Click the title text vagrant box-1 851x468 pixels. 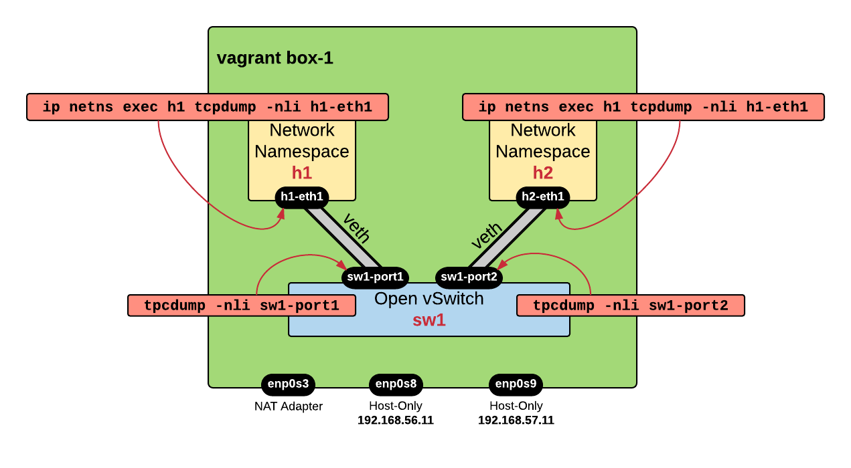pyautogui.click(x=275, y=58)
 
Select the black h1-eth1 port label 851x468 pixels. pyautogui.click(x=302, y=197)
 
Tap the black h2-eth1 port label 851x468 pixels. pyautogui.click(x=543, y=197)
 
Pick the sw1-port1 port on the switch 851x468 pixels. pyautogui.click(x=375, y=276)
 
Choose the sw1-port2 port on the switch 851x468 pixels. pyautogui.click(x=469, y=276)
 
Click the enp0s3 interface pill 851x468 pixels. pyautogui.click(x=288, y=384)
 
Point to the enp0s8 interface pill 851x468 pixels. pyautogui.click(x=396, y=384)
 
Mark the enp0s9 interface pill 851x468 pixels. pyautogui.click(x=516, y=384)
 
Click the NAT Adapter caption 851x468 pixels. pyautogui.click(x=288, y=406)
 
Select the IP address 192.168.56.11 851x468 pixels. pyautogui.click(x=396, y=421)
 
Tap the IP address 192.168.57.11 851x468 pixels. pyautogui.click(x=516, y=421)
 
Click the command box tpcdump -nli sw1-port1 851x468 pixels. pyautogui.click(x=241, y=306)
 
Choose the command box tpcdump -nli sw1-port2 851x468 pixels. pyautogui.click(x=630, y=306)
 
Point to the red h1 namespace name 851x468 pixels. pyautogui.click(x=302, y=173)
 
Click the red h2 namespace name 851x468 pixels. pyautogui.click(x=543, y=173)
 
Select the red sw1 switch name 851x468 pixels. pyautogui.click(x=429, y=320)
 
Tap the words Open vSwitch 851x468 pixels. pyautogui.click(x=429, y=299)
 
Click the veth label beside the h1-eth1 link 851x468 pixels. pyautogui.click(x=356, y=228)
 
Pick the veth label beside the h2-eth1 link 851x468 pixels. pyautogui.click(x=487, y=236)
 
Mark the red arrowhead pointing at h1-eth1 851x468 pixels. pyautogui.click(x=282, y=213)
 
